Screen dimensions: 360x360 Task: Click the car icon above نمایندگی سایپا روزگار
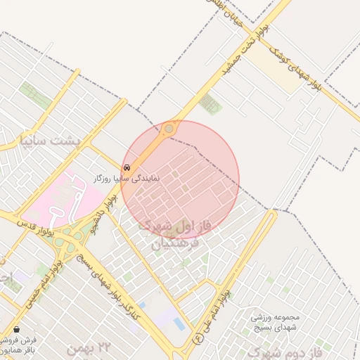[127, 168]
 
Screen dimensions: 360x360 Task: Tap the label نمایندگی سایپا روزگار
[127, 179]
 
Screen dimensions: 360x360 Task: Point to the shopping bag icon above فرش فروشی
[16, 329]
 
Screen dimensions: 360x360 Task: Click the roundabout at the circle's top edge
[169, 129]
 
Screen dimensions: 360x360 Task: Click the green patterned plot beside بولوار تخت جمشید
[210, 104]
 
